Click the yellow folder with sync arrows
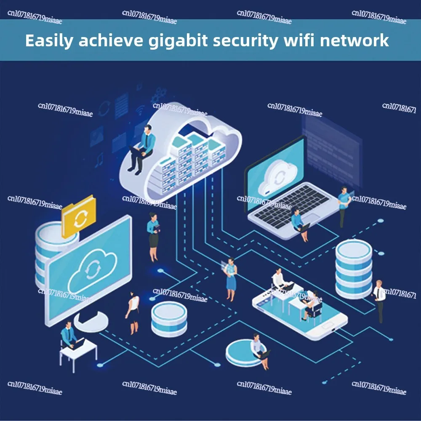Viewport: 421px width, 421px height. (78, 216)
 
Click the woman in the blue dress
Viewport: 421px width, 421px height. (231, 278)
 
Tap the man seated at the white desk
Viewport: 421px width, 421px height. (69, 337)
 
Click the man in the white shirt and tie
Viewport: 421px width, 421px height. (380, 300)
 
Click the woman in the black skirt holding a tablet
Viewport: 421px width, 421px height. (153, 236)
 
